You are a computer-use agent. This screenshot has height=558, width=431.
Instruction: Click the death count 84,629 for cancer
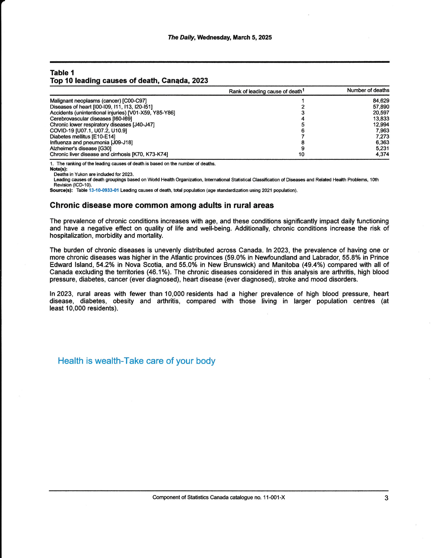(x=381, y=101)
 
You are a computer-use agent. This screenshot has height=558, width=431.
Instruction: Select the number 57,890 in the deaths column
(x=381, y=107)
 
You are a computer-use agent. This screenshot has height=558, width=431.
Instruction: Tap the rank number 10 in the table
(x=302, y=154)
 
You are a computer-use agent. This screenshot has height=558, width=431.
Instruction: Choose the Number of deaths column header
(x=368, y=90)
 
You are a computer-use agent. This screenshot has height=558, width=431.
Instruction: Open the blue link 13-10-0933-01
(x=104, y=190)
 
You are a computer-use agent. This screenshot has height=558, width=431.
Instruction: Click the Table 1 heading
(x=62, y=73)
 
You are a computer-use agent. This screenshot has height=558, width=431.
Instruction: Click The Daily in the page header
(x=181, y=37)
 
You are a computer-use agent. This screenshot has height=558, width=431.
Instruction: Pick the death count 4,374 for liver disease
(x=382, y=154)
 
